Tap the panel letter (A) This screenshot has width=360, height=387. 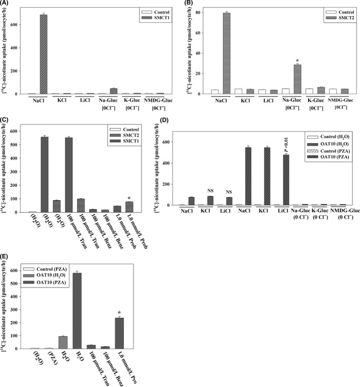[7, 4]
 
